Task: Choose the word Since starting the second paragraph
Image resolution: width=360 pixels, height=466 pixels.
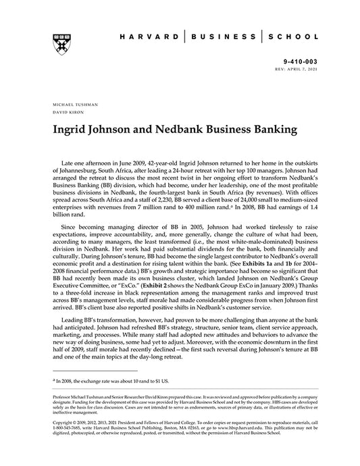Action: [x=72, y=226]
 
